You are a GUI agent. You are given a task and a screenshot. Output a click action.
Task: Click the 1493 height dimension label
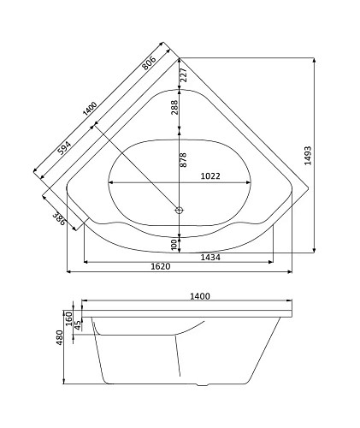[308, 156]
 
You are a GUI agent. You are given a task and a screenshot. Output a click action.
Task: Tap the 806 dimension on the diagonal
[149, 62]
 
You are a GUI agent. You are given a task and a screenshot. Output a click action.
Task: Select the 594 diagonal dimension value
[64, 147]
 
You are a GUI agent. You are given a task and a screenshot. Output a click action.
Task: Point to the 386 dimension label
[59, 219]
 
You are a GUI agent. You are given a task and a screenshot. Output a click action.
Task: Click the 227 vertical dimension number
[184, 74]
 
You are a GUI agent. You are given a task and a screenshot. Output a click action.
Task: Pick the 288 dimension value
[174, 107]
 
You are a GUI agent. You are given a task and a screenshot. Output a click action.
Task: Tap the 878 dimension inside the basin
[183, 160]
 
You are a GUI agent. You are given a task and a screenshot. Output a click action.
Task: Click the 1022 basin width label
[210, 175]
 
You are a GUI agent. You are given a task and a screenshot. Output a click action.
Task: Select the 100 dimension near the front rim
[174, 245]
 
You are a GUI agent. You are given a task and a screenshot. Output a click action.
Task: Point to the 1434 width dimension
[210, 258]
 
